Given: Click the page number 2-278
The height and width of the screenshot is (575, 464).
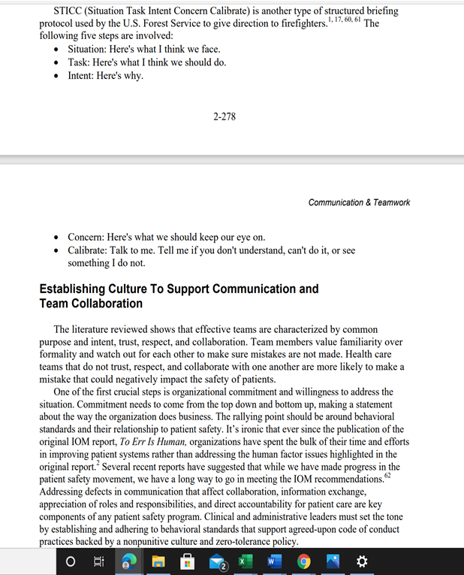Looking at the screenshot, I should point(224,117).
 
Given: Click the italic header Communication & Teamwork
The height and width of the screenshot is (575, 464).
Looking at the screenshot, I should point(359,203).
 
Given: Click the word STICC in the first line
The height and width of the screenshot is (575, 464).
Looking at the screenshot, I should point(70,12).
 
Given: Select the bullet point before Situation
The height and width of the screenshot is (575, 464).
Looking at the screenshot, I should point(59,49).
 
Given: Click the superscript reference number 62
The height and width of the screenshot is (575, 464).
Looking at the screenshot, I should point(387,476).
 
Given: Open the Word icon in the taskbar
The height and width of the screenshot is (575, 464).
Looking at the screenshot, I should point(273,561).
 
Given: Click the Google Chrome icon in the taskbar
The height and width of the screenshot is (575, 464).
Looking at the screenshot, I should point(303,561).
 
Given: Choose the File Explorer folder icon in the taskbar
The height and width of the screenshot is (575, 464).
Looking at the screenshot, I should point(158,561).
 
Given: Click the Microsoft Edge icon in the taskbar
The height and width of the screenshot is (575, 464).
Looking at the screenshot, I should point(129,561).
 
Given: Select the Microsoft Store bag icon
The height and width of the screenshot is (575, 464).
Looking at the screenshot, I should point(188,561).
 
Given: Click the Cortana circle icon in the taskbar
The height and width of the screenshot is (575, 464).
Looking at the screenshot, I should point(71,561).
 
